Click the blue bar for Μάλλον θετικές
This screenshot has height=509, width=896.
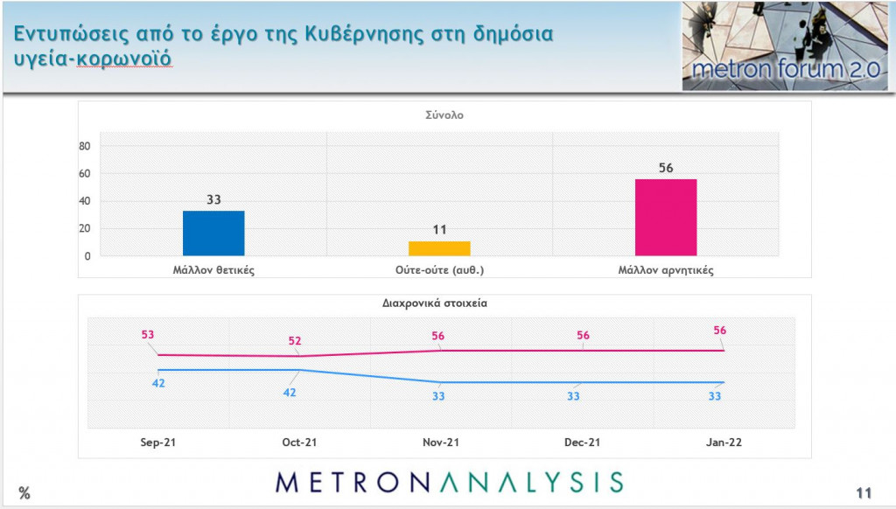point(213,234)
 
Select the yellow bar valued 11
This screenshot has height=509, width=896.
point(439,248)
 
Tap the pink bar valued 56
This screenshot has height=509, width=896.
point(665,218)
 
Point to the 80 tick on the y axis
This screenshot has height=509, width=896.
point(86,146)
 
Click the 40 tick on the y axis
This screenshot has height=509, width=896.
point(86,201)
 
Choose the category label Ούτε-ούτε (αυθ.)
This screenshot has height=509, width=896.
point(439,270)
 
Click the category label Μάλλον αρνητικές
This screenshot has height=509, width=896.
point(665,270)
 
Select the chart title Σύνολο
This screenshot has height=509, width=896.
point(444,115)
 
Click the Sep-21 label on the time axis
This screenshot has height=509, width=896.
point(157,443)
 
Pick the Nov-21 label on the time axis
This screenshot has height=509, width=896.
point(441,443)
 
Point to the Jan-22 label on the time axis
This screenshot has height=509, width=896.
point(724,443)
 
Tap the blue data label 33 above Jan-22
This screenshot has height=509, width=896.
point(715,396)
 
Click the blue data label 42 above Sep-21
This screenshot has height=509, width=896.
point(158,383)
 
